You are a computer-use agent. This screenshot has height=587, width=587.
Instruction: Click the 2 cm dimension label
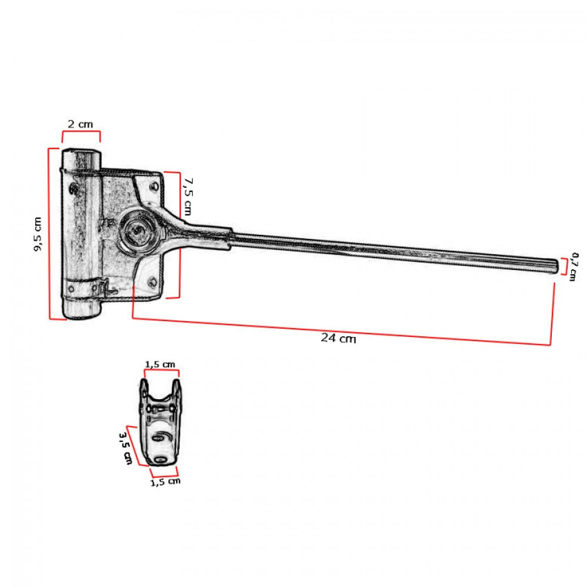[x=80, y=124]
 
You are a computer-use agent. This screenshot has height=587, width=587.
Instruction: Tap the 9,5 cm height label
[x=38, y=234]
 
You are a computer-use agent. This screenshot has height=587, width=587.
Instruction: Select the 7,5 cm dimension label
[x=188, y=197]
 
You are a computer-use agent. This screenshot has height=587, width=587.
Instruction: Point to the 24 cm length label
[x=338, y=338]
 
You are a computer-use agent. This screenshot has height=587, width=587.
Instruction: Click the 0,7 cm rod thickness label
[x=573, y=267]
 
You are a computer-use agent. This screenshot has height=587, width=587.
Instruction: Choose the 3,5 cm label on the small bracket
[x=126, y=448]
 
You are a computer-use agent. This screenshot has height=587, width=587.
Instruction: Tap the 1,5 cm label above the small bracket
[x=160, y=364]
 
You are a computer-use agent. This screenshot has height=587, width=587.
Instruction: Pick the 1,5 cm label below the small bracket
[x=165, y=482]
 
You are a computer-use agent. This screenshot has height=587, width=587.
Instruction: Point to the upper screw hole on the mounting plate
[x=153, y=186]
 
